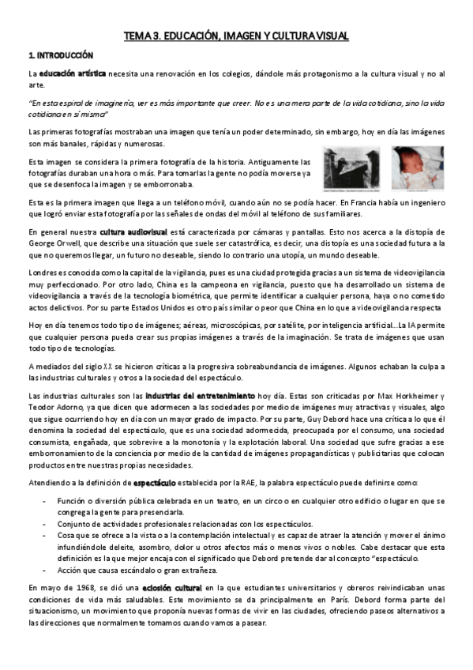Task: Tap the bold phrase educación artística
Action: (73, 73)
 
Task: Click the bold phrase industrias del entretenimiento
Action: (199, 393)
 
